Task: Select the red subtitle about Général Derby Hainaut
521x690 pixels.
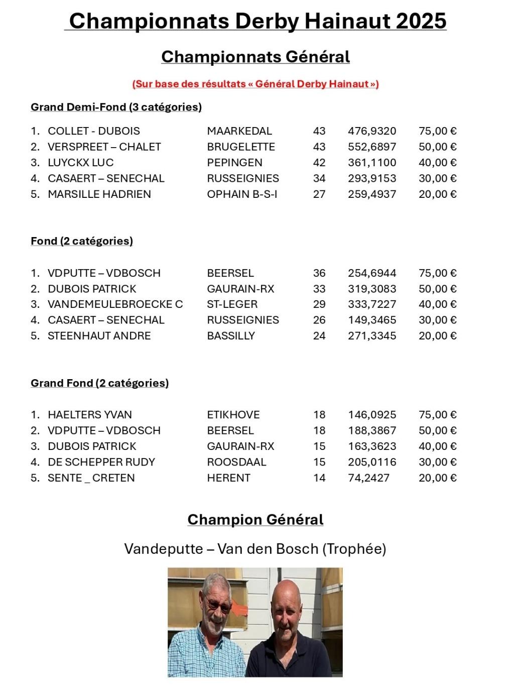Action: pyautogui.click(x=255, y=84)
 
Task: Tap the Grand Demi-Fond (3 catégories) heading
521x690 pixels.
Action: pyautogui.click(x=116, y=107)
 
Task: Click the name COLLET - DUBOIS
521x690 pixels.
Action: pyautogui.click(x=94, y=131)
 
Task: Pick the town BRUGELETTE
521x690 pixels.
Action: pyautogui.click(x=241, y=147)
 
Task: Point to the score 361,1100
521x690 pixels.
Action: pyautogui.click(x=372, y=163)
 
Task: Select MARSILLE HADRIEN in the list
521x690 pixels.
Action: pyautogui.click(x=99, y=194)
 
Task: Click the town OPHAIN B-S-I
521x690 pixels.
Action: pyautogui.click(x=242, y=194)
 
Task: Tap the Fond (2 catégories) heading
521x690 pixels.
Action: pyautogui.click(x=82, y=241)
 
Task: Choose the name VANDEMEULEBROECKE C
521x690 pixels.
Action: pyautogui.click(x=115, y=304)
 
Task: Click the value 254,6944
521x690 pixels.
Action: pyautogui.click(x=372, y=273)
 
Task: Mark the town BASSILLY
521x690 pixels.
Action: pyautogui.click(x=231, y=335)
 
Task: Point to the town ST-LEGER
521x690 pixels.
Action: pyautogui.click(x=232, y=304)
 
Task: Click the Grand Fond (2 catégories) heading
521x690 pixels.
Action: pyautogui.click(x=99, y=383)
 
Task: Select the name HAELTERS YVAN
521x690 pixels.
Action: pyautogui.click(x=90, y=415)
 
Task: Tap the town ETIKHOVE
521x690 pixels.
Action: pyautogui.click(x=233, y=415)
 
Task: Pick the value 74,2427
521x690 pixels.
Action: pyautogui.click(x=368, y=478)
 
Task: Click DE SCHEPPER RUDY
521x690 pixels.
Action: pyautogui.click(x=101, y=462)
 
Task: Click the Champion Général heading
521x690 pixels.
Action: pyautogui.click(x=255, y=520)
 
